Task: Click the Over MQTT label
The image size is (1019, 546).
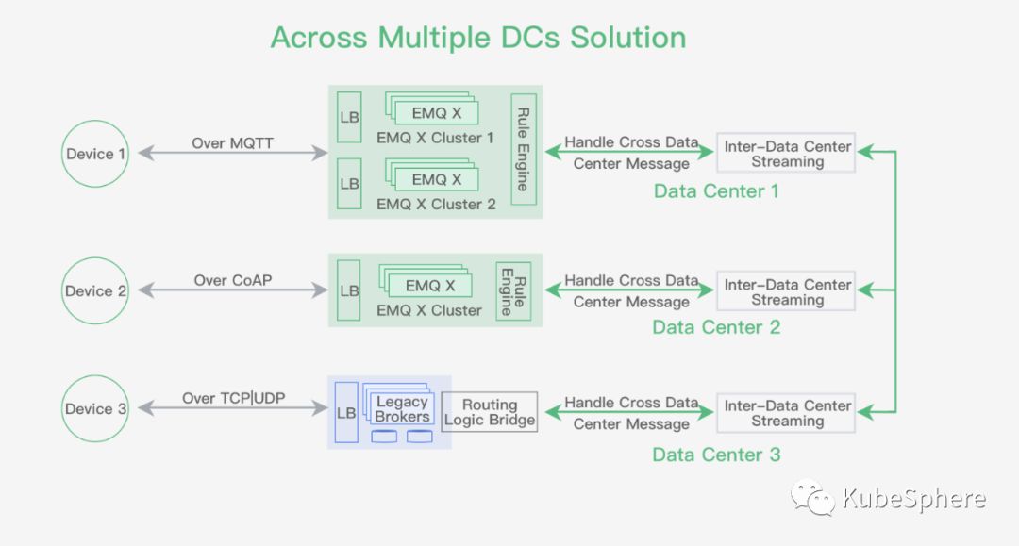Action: (x=233, y=142)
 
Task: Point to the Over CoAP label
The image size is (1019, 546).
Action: (x=233, y=280)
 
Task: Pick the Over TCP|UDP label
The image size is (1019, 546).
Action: (x=233, y=398)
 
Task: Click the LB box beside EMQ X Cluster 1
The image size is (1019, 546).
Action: (x=349, y=117)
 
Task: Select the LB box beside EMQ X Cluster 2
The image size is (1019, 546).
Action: (x=349, y=184)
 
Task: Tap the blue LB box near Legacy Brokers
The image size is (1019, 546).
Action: (x=345, y=413)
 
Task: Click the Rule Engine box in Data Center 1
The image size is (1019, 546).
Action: (x=524, y=149)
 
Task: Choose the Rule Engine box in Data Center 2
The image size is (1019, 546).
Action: (x=513, y=290)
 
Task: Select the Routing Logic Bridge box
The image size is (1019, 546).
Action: (x=490, y=411)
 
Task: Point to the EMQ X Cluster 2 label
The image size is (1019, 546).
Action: (x=436, y=204)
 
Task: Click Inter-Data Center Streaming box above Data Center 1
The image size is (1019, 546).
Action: (x=786, y=153)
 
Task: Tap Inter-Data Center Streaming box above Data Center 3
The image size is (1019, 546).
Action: (x=786, y=413)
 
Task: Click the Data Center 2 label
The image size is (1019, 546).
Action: (x=716, y=327)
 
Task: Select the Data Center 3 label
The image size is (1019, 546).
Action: (x=716, y=455)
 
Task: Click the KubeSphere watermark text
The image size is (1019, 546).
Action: (x=913, y=499)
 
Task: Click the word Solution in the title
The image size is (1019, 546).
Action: (x=627, y=37)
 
